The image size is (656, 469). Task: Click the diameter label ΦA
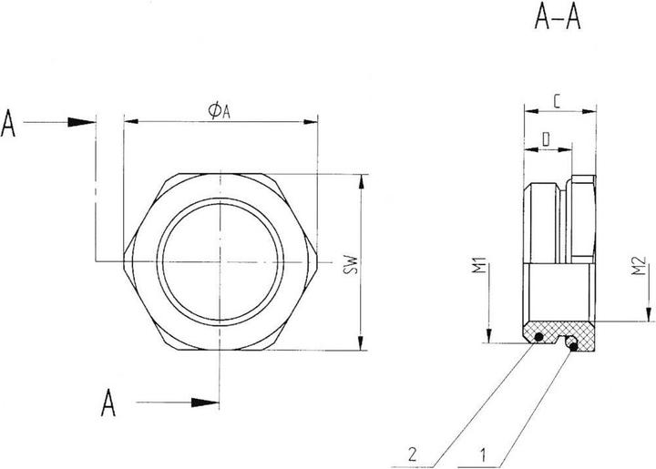[219, 110]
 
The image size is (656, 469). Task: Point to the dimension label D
[545, 138]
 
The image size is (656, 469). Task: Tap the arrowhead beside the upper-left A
[83, 121]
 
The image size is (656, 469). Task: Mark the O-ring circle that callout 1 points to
[572, 342]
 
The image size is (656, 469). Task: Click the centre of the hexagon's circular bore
[220, 263]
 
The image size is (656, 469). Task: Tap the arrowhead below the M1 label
[490, 335]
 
